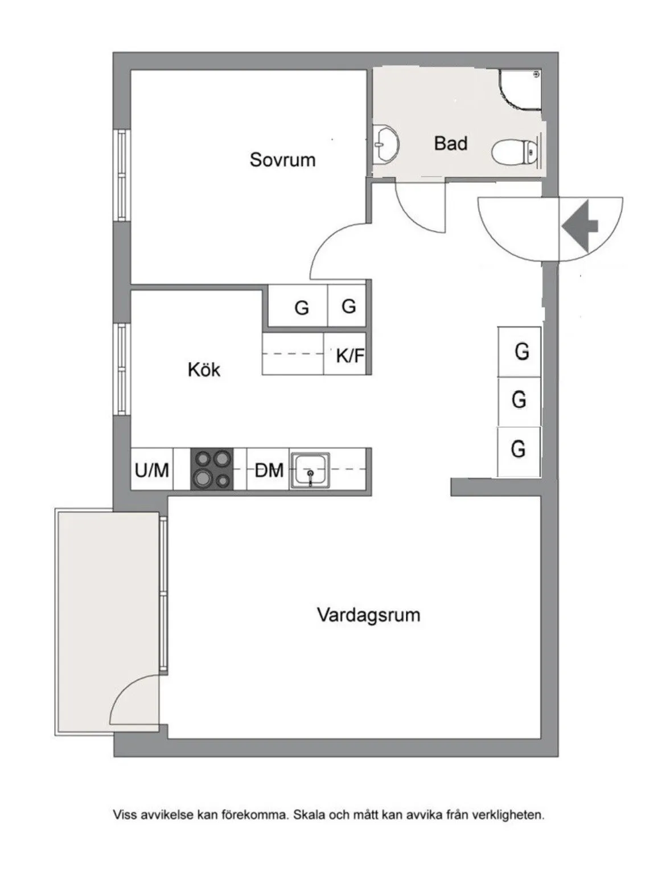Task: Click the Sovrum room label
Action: pos(282,160)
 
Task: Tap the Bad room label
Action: pos(450,143)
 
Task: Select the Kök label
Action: pos(204,370)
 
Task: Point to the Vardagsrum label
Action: pos(368,615)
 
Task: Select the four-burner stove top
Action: pos(212,469)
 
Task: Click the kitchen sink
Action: pos(310,471)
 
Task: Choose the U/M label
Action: pos(152,471)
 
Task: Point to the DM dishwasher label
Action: pos(269,471)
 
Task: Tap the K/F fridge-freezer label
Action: pos(350,357)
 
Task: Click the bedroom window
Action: pos(121,175)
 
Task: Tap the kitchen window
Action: pos(121,369)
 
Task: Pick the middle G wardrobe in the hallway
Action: pos(519,400)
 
